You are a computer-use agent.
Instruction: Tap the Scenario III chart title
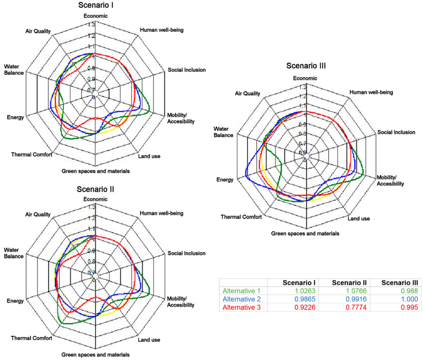[x=306, y=66]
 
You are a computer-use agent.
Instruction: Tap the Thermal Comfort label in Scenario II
[x=32, y=338]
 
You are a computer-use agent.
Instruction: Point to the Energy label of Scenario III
[x=225, y=180]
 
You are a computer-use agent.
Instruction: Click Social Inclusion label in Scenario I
[x=187, y=70]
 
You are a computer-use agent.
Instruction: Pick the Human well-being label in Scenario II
[x=162, y=213]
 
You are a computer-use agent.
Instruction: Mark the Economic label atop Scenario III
[x=305, y=78]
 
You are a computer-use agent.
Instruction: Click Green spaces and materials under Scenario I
[x=95, y=171]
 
